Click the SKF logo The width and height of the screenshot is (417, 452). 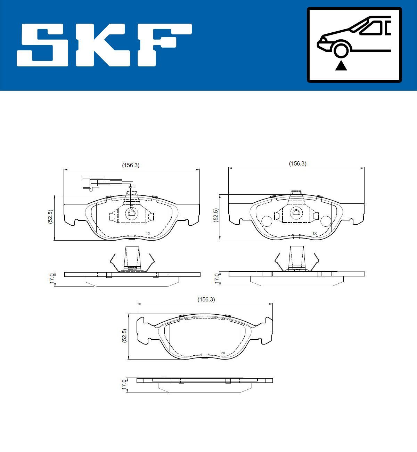pyautogui.click(x=104, y=45)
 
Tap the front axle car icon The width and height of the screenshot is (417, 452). pyautogui.click(x=354, y=45)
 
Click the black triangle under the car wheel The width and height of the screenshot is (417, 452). pyautogui.click(x=341, y=65)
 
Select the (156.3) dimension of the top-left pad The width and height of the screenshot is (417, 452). pyautogui.click(x=131, y=166)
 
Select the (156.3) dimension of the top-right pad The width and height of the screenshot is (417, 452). pyautogui.click(x=298, y=163)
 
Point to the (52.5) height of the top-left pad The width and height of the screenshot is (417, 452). pyautogui.click(x=50, y=217)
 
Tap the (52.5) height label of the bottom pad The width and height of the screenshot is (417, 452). pyautogui.click(x=124, y=336)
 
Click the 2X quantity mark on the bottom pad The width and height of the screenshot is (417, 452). pyautogui.click(x=223, y=353)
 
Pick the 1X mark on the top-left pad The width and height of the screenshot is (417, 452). pyautogui.click(x=148, y=233)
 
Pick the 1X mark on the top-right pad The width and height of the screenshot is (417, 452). pyautogui.click(x=314, y=233)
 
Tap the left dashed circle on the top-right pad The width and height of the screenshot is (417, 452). pyautogui.click(x=267, y=221)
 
